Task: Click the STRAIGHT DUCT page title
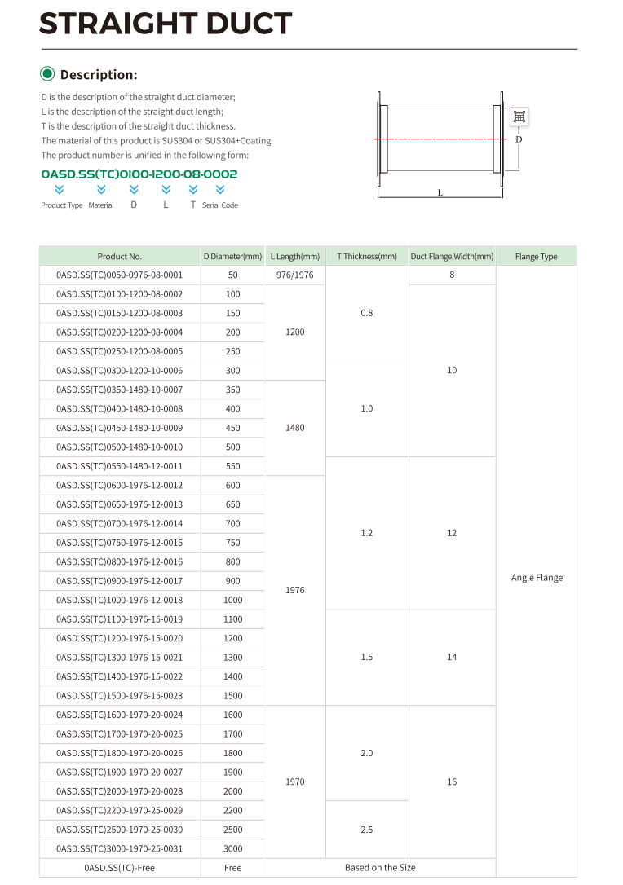click(x=166, y=24)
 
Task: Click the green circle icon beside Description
click(x=47, y=74)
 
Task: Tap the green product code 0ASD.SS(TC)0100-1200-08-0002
click(x=139, y=174)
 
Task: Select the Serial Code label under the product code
click(x=220, y=205)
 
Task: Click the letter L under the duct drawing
click(x=440, y=193)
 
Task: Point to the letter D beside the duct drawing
click(x=519, y=139)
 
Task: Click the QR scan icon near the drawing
click(x=519, y=117)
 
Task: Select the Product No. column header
click(x=120, y=256)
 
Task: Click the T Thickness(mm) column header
click(x=367, y=256)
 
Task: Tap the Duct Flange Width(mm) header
click(x=452, y=256)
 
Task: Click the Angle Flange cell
click(x=537, y=578)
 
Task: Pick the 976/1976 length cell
click(x=295, y=275)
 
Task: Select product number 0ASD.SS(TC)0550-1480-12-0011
click(x=120, y=466)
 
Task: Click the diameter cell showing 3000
click(x=233, y=848)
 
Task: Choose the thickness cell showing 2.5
click(x=367, y=830)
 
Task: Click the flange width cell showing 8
click(x=452, y=275)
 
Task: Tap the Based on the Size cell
click(x=380, y=868)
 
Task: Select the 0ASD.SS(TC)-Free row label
click(x=120, y=868)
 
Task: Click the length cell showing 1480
click(x=295, y=428)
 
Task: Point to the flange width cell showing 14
click(x=452, y=657)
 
